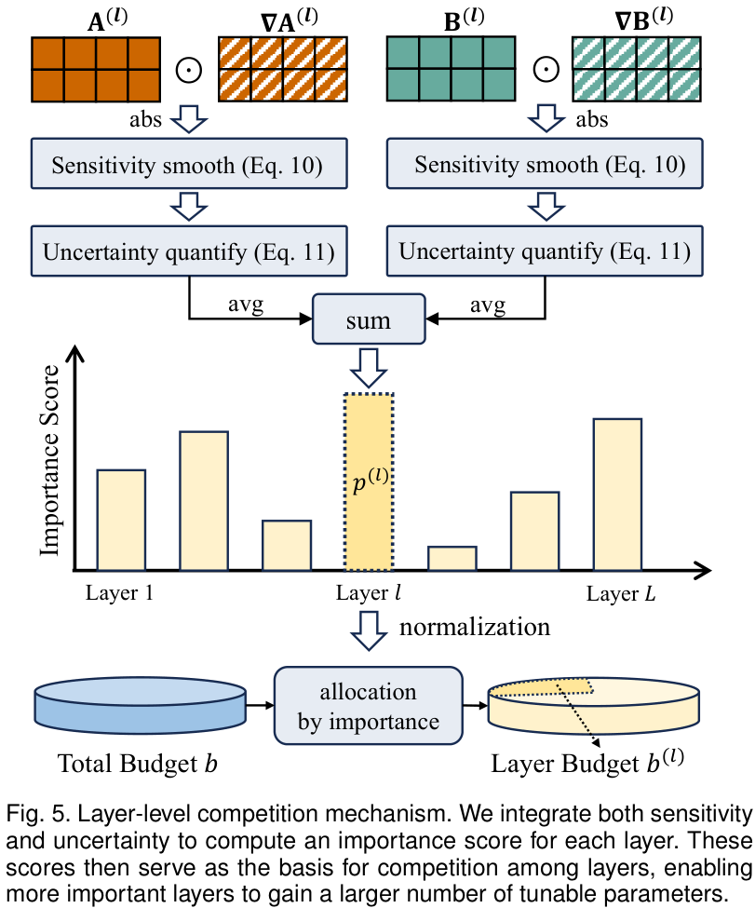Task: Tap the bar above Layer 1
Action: click(x=121, y=519)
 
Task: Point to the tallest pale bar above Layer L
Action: click(x=617, y=494)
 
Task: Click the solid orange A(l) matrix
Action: click(x=96, y=69)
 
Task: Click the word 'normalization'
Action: click(x=475, y=626)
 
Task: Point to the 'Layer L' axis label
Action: click(x=620, y=594)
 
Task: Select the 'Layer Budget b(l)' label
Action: click(x=586, y=764)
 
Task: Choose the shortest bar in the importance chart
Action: click(x=452, y=558)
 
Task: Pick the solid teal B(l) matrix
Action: click(x=451, y=69)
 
